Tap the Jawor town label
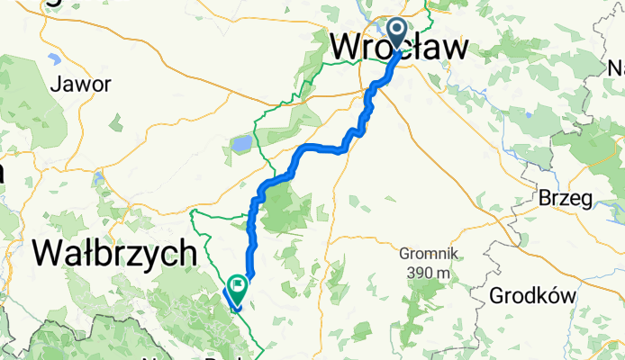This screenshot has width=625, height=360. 81,85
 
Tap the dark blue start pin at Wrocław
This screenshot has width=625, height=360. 399,31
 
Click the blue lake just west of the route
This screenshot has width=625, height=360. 241,142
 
